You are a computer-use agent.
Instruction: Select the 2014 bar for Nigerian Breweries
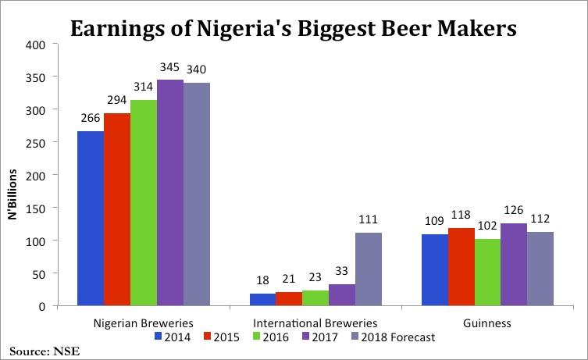[x=91, y=219]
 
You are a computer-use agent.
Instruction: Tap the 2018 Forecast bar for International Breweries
[x=369, y=269]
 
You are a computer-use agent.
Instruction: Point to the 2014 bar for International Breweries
[x=262, y=300]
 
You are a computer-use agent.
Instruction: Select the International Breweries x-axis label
[x=315, y=323]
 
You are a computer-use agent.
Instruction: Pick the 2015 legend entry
[x=222, y=337]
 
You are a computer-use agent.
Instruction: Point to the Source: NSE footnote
[x=45, y=351]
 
